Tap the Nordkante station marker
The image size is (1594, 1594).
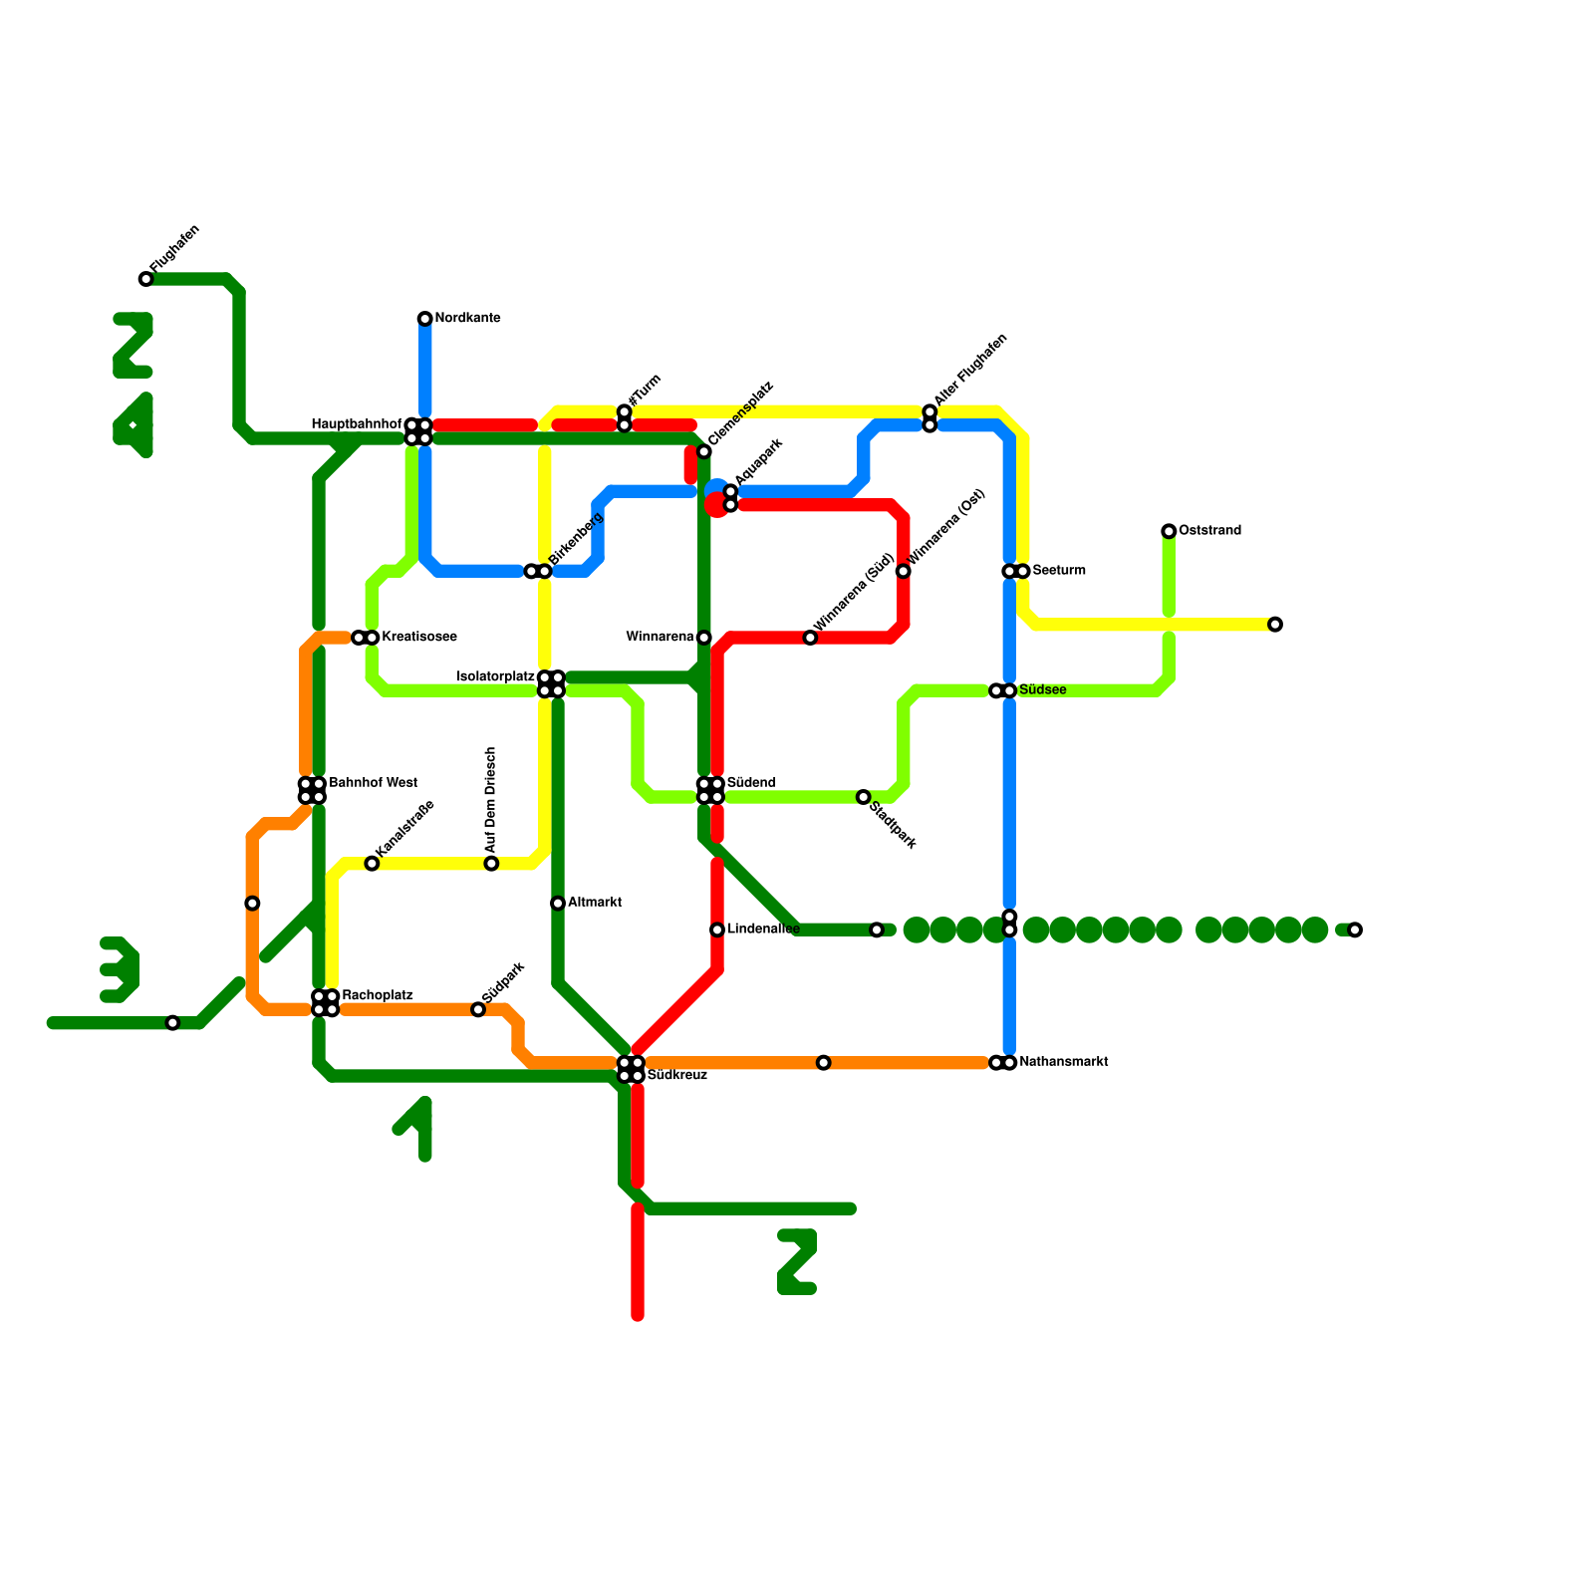click(x=424, y=319)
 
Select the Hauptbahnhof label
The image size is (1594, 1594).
click(x=356, y=424)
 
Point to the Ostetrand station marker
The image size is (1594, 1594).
click(x=1169, y=531)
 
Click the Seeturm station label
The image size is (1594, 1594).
click(x=1059, y=571)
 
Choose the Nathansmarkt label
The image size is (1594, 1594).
click(x=1064, y=1062)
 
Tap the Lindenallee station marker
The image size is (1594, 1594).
click(x=717, y=930)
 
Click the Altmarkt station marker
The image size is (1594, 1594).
click(x=558, y=904)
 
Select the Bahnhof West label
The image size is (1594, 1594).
click(x=373, y=783)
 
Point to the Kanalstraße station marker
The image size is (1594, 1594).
click(x=372, y=864)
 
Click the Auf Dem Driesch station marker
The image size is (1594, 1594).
click(x=491, y=864)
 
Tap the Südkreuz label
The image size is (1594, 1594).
click(x=677, y=1076)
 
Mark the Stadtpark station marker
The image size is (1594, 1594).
click(x=864, y=797)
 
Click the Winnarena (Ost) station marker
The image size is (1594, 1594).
click(x=903, y=571)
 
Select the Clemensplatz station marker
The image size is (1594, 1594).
click(x=703, y=452)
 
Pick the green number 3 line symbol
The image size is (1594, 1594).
click(x=120, y=969)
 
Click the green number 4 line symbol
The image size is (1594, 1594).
click(x=133, y=426)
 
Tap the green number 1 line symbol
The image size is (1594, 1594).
click(x=415, y=1129)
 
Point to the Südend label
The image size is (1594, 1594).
click(x=751, y=783)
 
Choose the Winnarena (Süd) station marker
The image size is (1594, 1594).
click(x=810, y=638)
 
